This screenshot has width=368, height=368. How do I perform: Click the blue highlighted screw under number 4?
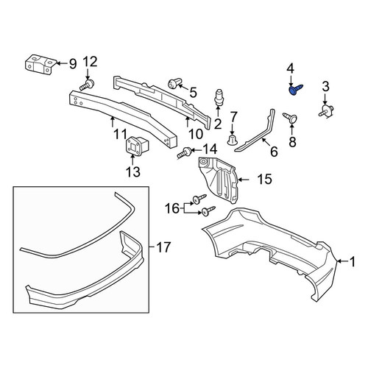tap(296, 90)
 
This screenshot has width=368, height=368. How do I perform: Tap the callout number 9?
tap(73, 64)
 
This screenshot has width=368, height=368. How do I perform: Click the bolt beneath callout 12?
tap(87, 85)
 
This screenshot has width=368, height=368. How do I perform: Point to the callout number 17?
tap(163, 247)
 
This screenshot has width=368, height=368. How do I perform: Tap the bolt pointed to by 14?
tap(185, 152)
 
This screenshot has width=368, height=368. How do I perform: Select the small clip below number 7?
tap(232, 139)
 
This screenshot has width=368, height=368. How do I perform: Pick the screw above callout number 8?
tap(291, 118)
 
